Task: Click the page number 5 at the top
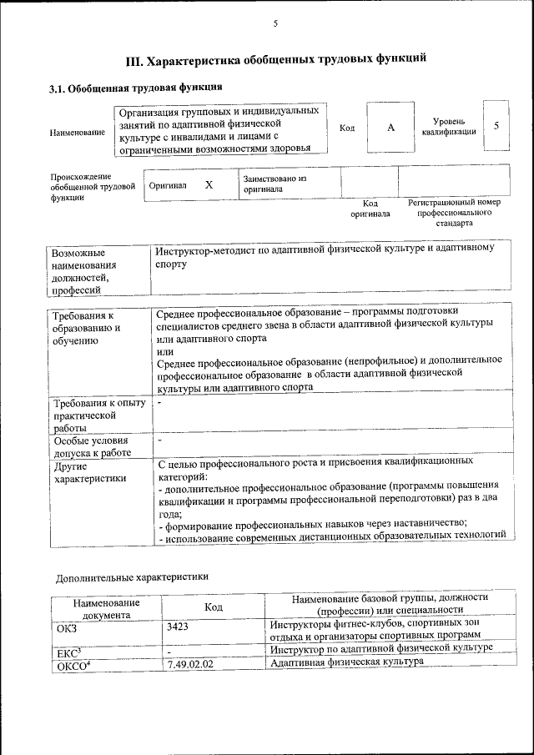tap(275, 24)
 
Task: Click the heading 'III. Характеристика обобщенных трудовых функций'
tap(275, 61)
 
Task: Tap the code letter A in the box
tap(389, 127)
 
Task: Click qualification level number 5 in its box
tap(496, 126)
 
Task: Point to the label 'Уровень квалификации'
tap(449, 127)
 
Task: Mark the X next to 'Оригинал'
tap(209, 185)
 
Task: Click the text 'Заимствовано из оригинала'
tap(275, 184)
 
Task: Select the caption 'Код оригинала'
tap(370, 209)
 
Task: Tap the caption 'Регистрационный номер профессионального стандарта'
tap(453, 213)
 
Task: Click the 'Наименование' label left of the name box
tap(77, 133)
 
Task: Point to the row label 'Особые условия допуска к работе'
tap(91, 447)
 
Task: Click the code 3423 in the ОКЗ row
tap(178, 627)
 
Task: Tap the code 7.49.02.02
tap(190, 664)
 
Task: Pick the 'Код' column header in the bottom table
tap(213, 608)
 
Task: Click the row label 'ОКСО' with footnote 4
tap(72, 666)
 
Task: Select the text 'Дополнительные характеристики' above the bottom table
tap(132, 576)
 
